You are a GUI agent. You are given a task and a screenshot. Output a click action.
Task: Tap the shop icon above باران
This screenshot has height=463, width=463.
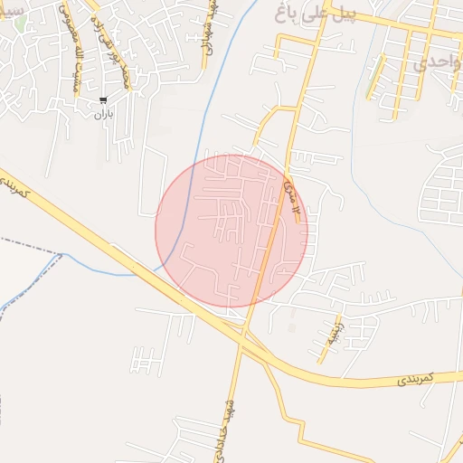pos(103,101)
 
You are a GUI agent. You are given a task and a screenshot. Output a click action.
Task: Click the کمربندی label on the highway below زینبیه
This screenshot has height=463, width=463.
pos(417,376)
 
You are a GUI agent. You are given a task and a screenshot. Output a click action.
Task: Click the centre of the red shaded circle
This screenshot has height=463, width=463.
pos(231,231)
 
